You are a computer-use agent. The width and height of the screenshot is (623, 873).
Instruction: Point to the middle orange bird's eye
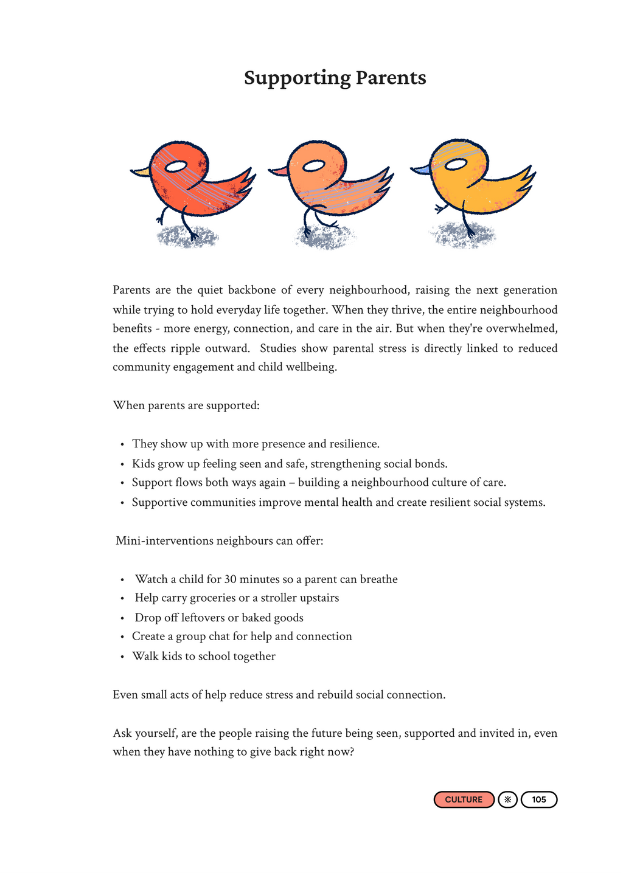tap(314, 165)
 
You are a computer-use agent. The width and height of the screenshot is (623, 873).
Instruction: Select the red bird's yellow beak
tap(141, 173)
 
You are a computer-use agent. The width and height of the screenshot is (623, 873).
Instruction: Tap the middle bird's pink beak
tap(279, 171)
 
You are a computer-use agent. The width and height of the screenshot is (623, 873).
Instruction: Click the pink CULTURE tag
tap(464, 799)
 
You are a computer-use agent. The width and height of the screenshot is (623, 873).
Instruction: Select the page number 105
tap(539, 799)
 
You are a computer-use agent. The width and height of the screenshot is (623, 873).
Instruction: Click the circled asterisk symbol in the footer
tap(507, 799)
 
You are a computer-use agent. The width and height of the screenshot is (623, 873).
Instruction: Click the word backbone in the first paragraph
tap(251, 290)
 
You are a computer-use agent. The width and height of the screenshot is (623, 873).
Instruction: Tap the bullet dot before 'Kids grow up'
tap(122, 464)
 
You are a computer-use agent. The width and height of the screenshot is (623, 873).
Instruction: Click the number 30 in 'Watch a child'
tap(231, 579)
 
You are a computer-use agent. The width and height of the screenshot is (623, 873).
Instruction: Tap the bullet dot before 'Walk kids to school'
tap(122, 657)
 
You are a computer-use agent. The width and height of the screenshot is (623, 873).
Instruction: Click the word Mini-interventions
tap(164, 540)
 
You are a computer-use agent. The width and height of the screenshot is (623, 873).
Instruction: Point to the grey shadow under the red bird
tap(186, 237)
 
